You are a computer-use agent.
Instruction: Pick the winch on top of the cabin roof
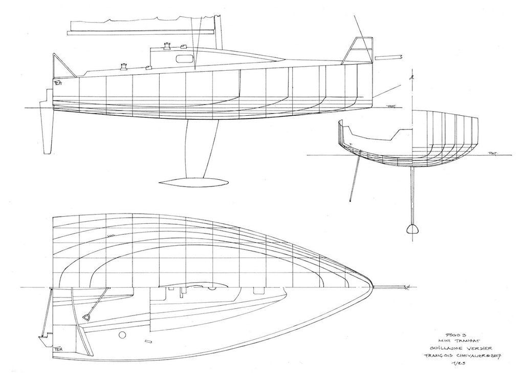[x=167, y=46]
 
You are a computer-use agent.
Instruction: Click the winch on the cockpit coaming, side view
[x=123, y=65]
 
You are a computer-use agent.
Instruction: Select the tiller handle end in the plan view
[x=87, y=318]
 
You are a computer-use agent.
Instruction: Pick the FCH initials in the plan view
[x=58, y=349]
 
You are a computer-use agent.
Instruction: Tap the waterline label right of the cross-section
[x=493, y=153]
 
